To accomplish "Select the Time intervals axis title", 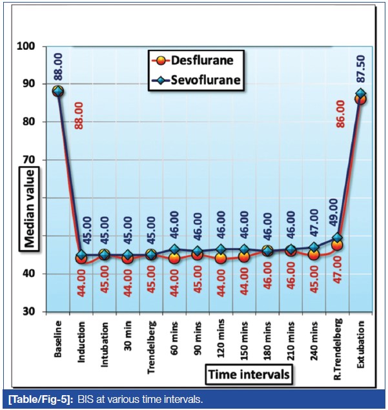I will coord(248,374).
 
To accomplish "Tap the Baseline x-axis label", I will coord(58,336).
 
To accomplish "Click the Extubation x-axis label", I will coord(360,341).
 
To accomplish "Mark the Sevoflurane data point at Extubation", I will coord(360,94).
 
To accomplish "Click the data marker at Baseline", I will coord(58,91).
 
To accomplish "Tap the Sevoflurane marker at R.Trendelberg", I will coord(337,238).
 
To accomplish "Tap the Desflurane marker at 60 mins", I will coord(174,258).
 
